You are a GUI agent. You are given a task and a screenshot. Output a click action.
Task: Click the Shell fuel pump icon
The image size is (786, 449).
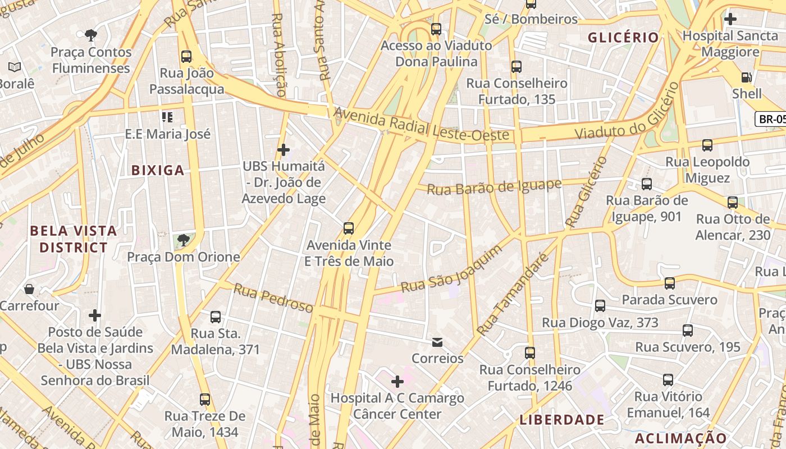click(746, 77)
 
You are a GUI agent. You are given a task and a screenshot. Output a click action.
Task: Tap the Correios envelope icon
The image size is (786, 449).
click(437, 342)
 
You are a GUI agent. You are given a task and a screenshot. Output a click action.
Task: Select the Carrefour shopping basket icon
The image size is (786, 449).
click(29, 289)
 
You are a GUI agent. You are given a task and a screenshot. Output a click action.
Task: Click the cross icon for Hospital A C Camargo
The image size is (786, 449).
click(397, 382)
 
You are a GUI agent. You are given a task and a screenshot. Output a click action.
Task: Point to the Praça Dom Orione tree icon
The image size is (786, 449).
click(183, 241)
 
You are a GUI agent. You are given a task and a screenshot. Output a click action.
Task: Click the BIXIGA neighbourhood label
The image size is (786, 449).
click(158, 170)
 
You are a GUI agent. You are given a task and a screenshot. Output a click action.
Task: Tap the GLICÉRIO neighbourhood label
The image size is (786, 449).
click(623, 38)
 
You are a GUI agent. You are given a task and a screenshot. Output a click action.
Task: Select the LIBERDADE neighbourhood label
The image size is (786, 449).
click(562, 420)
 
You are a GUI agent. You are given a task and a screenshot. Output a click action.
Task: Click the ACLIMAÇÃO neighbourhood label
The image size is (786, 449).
click(681, 438)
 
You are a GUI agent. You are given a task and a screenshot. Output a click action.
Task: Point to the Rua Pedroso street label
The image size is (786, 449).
click(273, 298)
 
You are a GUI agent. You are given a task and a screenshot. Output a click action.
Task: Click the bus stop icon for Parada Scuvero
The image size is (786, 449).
click(669, 283)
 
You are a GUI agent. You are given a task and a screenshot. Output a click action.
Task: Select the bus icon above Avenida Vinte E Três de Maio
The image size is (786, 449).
click(349, 228)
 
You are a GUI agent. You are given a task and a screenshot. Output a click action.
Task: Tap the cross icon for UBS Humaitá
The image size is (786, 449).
click(284, 150)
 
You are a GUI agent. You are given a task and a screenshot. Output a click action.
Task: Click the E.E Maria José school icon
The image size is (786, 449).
click(167, 117)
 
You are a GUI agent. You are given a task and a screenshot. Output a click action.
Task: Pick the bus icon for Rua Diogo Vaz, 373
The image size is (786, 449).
click(600, 306)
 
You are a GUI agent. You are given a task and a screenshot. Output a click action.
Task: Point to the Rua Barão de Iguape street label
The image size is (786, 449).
click(494, 187)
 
